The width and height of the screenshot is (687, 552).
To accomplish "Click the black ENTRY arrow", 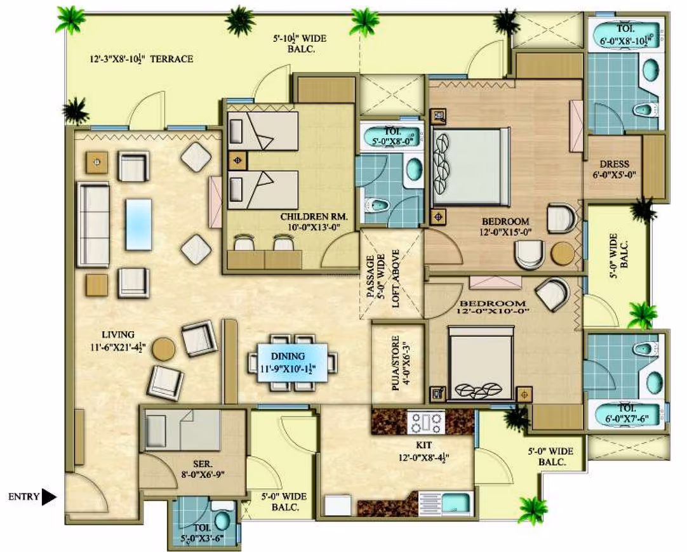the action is coord(49,497).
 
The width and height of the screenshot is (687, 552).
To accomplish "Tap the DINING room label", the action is coord(288,357).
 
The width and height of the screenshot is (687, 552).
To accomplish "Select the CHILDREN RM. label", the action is coord(314,216).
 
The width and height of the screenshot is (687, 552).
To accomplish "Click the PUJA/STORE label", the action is coord(395,363).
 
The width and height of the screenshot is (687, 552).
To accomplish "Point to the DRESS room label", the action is coord(614,164).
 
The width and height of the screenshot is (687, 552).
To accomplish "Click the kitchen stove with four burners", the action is coord(426,422).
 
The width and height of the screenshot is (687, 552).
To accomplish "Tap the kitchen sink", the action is coord(456,503).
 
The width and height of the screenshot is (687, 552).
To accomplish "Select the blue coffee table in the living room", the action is coord(138,225).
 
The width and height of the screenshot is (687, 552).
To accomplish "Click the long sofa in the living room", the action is coord(93,225).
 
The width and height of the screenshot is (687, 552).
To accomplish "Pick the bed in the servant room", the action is coord(182,430).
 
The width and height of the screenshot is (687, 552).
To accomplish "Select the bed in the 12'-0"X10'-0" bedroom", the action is coord(480,364).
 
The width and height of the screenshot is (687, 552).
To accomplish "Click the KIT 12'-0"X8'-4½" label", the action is coord(424,451).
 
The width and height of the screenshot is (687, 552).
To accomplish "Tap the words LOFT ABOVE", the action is coord(396,279).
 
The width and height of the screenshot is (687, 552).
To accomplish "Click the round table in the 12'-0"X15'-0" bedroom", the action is coord(562,253).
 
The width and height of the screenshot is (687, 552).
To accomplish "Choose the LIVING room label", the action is coord(118,335).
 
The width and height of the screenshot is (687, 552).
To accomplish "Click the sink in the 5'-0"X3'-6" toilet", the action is coord(222,521).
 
